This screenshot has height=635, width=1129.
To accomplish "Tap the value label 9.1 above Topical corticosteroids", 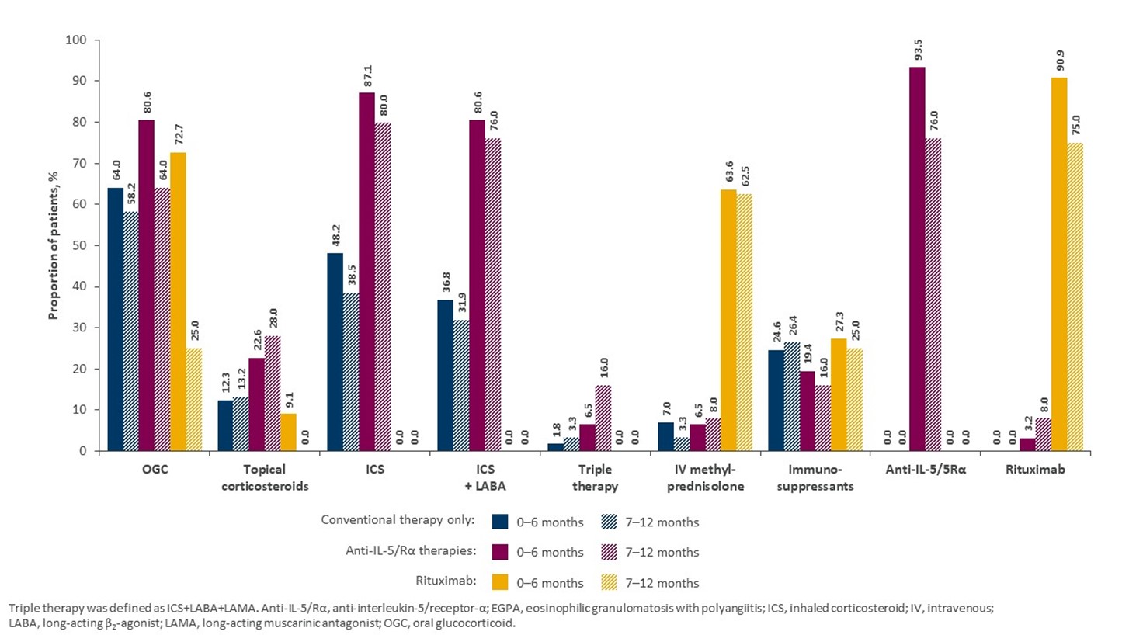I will (x=289, y=402).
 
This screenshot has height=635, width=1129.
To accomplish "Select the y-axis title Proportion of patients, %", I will (x=54, y=245).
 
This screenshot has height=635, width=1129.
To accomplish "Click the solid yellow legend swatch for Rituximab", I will (x=502, y=582).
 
